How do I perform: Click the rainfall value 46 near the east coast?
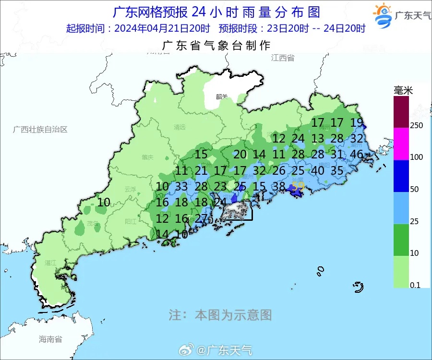pyautogui.click(x=357, y=155)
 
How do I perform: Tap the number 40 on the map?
pyautogui.click(x=318, y=170)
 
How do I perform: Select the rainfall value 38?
pyautogui.click(x=279, y=186)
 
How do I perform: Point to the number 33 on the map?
pyautogui.click(x=181, y=186)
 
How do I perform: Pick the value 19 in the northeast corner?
pyautogui.click(x=357, y=122)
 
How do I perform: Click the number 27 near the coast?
pyautogui.click(x=201, y=218)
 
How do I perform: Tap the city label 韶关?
pyautogui.click(x=221, y=96)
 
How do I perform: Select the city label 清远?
pyautogui.click(x=180, y=128)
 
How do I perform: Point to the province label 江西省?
pyautogui.click(x=282, y=58)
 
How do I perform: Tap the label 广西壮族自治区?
pyautogui.click(x=40, y=130)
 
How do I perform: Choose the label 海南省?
pyautogui.click(x=50, y=339)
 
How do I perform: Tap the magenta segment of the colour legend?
pyautogui.click(x=401, y=144)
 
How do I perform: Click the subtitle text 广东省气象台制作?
pyautogui.click(x=216, y=46)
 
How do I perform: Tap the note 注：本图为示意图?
pyautogui.click(x=220, y=315)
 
